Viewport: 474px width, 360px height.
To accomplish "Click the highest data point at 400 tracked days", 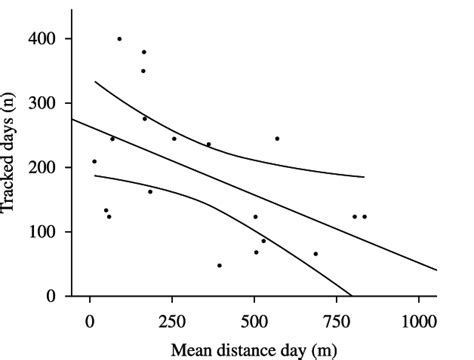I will pos(119,39).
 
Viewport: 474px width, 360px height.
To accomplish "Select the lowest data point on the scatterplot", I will pos(219,265).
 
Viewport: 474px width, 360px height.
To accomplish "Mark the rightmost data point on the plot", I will pos(364,216).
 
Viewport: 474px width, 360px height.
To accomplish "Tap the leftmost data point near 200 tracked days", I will pos(94,161).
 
